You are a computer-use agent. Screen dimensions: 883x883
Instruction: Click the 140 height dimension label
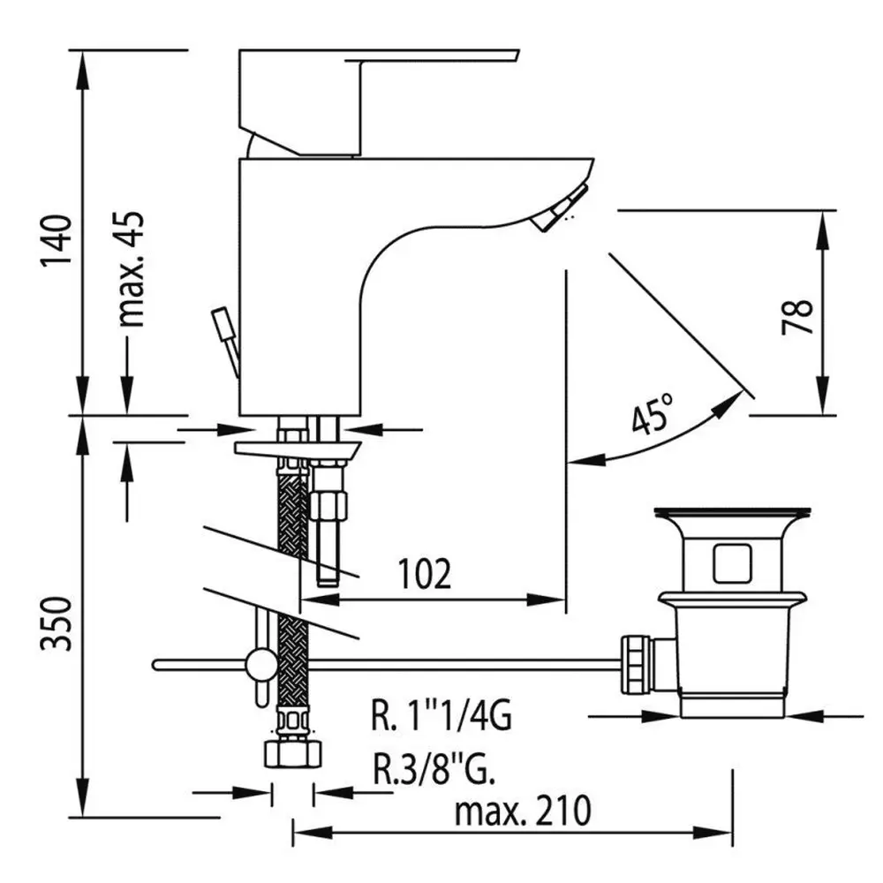tap(57, 239)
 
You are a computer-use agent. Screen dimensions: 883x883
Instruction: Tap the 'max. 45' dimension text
tap(132, 269)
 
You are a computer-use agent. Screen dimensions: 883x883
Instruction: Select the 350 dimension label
tap(57, 624)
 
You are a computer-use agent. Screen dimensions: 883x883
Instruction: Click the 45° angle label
tap(653, 414)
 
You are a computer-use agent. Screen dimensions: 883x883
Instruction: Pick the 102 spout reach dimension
tap(424, 574)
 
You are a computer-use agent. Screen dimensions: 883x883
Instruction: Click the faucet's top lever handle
tap(360, 102)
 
